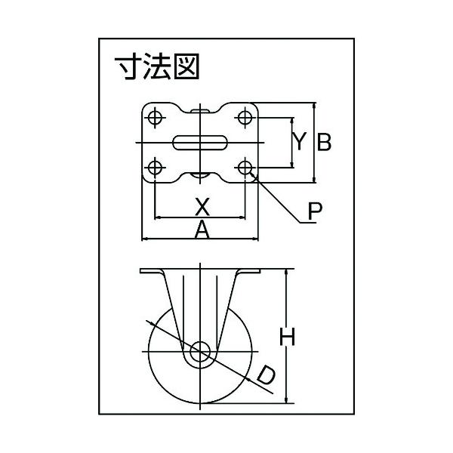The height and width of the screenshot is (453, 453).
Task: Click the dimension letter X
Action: coord(202,205)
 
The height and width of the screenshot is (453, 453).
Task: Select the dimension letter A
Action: coord(202,230)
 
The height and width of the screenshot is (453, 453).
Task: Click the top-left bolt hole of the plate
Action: coord(155,119)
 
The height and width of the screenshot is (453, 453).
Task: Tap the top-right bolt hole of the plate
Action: coord(245,119)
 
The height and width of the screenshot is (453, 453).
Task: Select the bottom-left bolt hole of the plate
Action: coord(155,167)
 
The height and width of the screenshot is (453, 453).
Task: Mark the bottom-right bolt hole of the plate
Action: coord(245,167)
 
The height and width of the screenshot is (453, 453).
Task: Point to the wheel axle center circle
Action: coord(200,352)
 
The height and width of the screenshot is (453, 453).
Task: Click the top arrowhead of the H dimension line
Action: coord(287,273)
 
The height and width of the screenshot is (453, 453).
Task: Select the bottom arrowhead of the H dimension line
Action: coord(287,399)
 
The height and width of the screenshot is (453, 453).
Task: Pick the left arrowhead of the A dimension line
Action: coord(145,239)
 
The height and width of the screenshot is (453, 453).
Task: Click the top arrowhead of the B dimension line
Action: coord(314,106)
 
